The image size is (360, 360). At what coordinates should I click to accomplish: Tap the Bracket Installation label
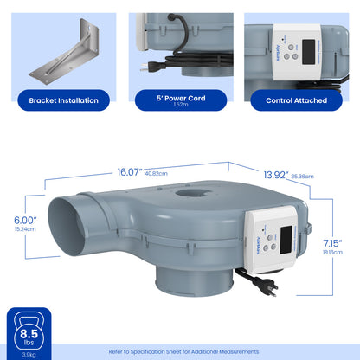[x=63, y=100]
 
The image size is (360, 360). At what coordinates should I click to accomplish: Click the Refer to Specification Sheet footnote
[x=183, y=352]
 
